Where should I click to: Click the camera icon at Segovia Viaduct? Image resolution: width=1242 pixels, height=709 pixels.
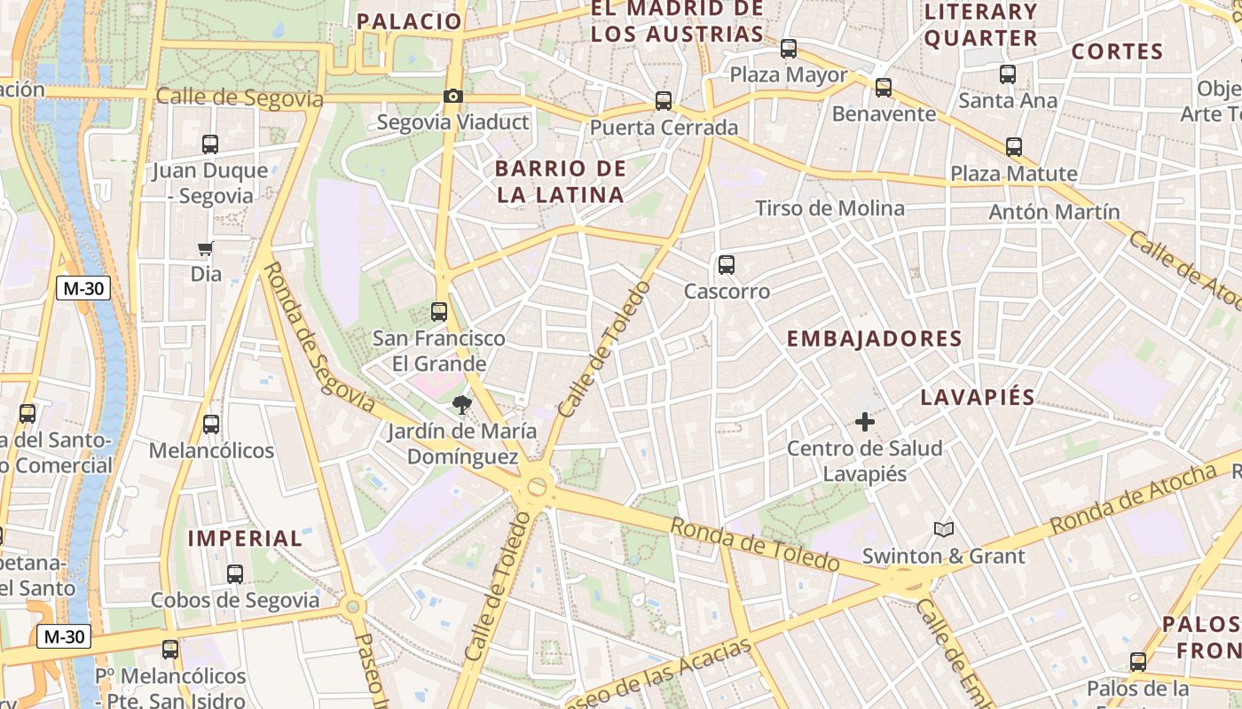(x=453, y=97)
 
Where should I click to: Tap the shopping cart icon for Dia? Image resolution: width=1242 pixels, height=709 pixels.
(x=206, y=249)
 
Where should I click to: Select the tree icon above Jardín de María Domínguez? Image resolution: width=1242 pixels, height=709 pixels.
(x=460, y=406)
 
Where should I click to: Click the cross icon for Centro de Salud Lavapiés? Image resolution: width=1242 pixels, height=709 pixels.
(x=865, y=422)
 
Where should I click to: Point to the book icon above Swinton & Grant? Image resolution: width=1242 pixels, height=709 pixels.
(x=944, y=530)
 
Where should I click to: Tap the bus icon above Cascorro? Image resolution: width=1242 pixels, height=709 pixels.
(x=727, y=265)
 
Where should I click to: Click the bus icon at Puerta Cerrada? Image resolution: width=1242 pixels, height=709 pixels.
(x=664, y=101)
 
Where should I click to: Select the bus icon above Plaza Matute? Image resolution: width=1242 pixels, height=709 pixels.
(x=1014, y=147)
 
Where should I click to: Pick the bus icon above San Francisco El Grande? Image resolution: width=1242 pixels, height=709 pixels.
(x=439, y=312)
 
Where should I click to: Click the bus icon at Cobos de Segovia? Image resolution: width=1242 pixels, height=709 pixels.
(x=235, y=574)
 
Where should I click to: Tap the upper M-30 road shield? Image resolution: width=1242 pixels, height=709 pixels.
(x=83, y=288)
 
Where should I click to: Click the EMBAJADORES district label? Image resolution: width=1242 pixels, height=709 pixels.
(x=874, y=339)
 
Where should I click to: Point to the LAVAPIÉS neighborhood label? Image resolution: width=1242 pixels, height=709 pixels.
(x=978, y=397)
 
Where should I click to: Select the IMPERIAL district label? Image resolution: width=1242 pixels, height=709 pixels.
(x=245, y=538)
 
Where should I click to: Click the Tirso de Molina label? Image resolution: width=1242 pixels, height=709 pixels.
(x=829, y=208)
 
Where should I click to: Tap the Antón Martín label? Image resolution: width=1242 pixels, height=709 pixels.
(x=1054, y=212)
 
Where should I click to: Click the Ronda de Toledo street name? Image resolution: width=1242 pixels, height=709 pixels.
(x=754, y=544)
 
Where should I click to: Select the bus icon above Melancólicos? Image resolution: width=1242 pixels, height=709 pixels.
(x=210, y=425)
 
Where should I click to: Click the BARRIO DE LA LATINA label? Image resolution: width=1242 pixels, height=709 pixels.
(x=561, y=182)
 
